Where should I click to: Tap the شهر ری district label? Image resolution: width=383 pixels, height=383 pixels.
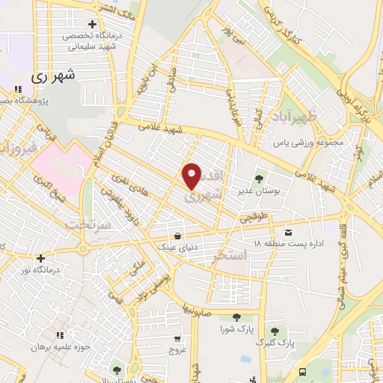coord(54,76)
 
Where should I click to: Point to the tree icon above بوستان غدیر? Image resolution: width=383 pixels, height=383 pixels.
coord(259,179)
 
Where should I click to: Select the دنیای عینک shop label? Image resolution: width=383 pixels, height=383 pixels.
coord(174,245)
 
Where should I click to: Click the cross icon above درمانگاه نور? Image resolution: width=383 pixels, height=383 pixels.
coord(42,259)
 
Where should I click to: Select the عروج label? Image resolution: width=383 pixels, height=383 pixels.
coord(177,349)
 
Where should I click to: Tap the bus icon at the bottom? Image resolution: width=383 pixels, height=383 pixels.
coord(302,372)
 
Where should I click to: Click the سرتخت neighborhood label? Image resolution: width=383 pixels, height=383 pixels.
coord(88,224)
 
